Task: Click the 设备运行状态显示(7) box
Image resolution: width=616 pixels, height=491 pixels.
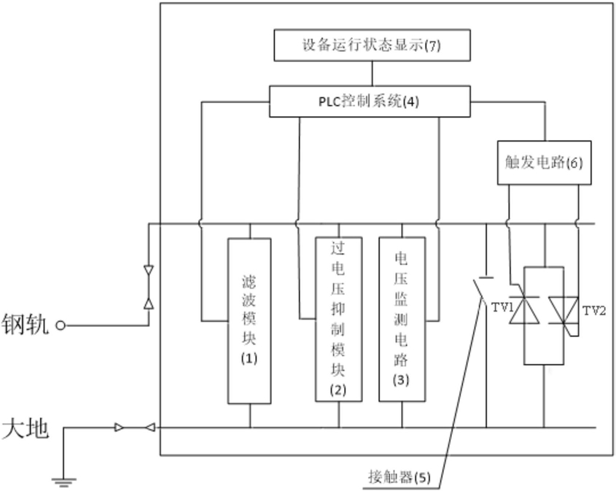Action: click(x=372, y=45)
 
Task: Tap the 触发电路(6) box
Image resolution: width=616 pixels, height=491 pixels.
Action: click(x=543, y=162)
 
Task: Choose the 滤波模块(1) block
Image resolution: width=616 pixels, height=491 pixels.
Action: click(x=249, y=321)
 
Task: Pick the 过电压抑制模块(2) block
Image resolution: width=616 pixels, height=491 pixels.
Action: click(x=338, y=319)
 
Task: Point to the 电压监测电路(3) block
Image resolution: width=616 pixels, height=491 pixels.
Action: click(x=402, y=319)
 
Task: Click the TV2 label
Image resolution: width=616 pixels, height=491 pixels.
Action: click(x=595, y=310)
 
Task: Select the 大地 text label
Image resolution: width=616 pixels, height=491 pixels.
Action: click(x=25, y=428)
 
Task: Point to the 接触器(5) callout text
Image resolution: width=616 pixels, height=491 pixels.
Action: click(x=399, y=479)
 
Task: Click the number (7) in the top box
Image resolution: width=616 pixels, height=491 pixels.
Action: click(x=432, y=45)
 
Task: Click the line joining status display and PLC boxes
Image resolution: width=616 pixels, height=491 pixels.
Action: click(x=373, y=74)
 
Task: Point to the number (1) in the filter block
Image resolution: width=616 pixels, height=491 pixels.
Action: click(x=249, y=359)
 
